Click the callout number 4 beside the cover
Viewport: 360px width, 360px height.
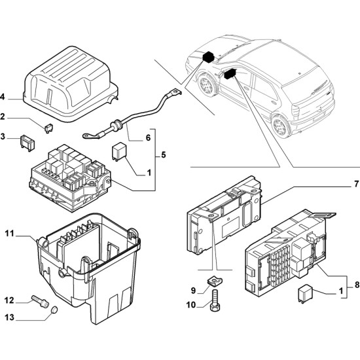3,97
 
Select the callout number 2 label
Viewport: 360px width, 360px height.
3,117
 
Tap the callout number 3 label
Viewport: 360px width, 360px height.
3,137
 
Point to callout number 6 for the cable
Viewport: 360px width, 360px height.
148,137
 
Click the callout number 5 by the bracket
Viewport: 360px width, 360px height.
163,155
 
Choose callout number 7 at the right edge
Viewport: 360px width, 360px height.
356,184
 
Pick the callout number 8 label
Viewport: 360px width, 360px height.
357,285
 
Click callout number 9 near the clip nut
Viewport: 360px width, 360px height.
193,291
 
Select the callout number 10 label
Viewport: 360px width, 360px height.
191,304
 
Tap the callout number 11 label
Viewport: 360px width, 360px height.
10,234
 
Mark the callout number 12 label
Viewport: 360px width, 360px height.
9,300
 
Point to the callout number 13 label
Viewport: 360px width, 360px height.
9,317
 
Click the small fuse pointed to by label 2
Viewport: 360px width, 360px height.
48,128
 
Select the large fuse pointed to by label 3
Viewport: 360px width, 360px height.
27,143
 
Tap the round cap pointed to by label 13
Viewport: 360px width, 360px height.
54,310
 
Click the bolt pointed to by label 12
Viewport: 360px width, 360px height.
40,300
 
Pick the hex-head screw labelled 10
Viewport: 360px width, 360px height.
215,300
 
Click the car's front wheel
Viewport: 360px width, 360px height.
206,84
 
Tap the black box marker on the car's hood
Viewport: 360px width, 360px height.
208,57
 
